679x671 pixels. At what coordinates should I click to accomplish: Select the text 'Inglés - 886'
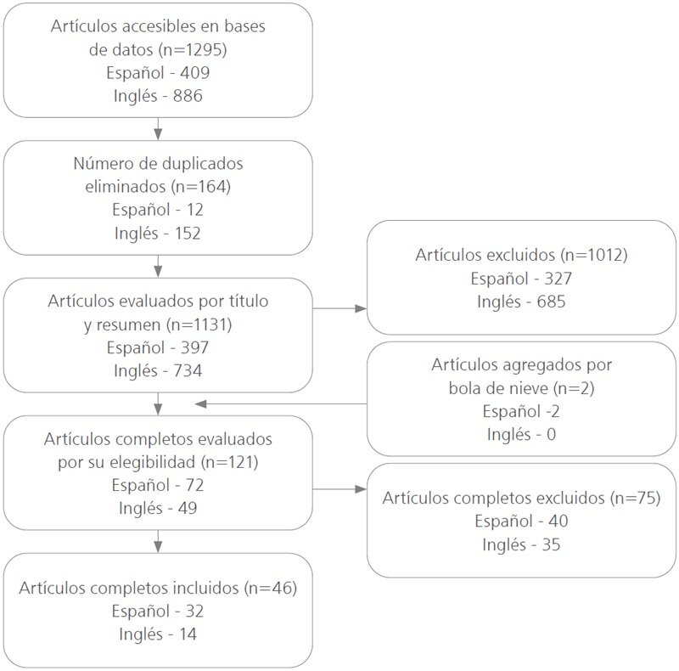pos(158,96)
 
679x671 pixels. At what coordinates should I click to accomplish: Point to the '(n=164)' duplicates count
pos(201,186)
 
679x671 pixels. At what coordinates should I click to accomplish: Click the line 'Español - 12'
pos(158,209)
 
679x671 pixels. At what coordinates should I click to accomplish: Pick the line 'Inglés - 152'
pos(158,232)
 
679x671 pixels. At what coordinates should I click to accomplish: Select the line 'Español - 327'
pos(522,278)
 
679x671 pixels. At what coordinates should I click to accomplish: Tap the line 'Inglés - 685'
pos(522,301)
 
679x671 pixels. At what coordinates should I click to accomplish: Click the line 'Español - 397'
pos(158,347)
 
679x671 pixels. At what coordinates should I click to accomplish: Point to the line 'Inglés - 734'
pos(158,369)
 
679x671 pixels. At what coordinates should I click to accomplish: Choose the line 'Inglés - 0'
pos(522,434)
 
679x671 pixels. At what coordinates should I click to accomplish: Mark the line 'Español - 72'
pos(158,485)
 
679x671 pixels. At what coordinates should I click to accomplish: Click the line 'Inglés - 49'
pos(158,508)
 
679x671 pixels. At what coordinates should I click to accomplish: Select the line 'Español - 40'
pos(522,521)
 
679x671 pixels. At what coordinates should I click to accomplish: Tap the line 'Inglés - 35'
pos(522,544)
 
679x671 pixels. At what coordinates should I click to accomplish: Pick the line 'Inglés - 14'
pos(158,634)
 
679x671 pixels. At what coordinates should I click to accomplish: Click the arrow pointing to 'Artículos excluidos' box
pos(357,309)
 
